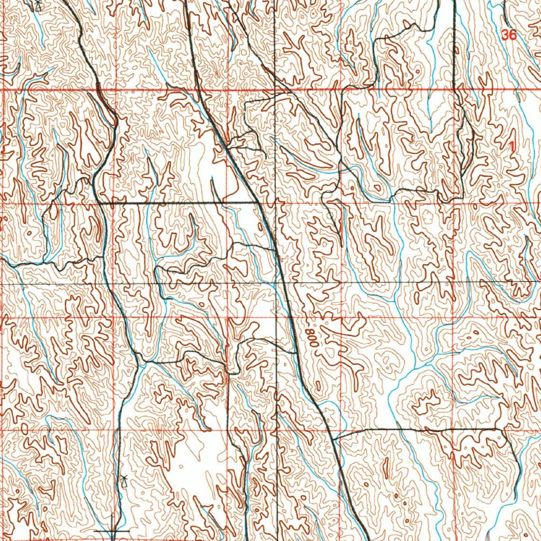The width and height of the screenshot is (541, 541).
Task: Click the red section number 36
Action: pos(509,35)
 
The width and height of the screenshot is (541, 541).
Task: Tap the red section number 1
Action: pos(511,145)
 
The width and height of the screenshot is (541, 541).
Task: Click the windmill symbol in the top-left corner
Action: pos(38,6)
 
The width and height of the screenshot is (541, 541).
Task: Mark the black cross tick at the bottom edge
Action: pos(111,529)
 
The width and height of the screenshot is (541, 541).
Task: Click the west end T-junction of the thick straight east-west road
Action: pos(98,202)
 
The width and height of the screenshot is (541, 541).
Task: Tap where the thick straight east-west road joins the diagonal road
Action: pos(258,202)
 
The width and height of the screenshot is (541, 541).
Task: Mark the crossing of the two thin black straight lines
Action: pos(276,284)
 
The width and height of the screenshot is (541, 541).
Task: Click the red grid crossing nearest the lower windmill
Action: pos(115,431)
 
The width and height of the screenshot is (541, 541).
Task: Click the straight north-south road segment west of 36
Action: pos(454,42)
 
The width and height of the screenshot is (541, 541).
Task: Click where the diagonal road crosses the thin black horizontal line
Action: pos(285,284)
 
